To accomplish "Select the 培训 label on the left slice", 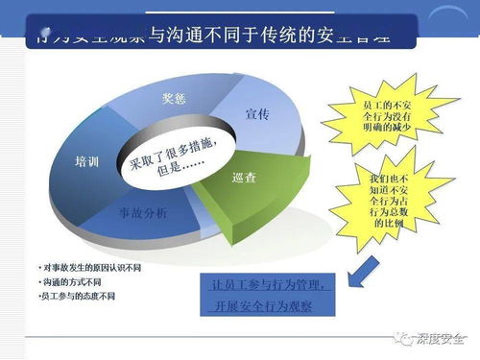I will pos(87,163).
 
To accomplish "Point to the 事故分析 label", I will pos(141,211).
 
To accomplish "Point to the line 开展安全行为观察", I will pos(269,306).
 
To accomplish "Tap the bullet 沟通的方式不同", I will pos(72,281).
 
